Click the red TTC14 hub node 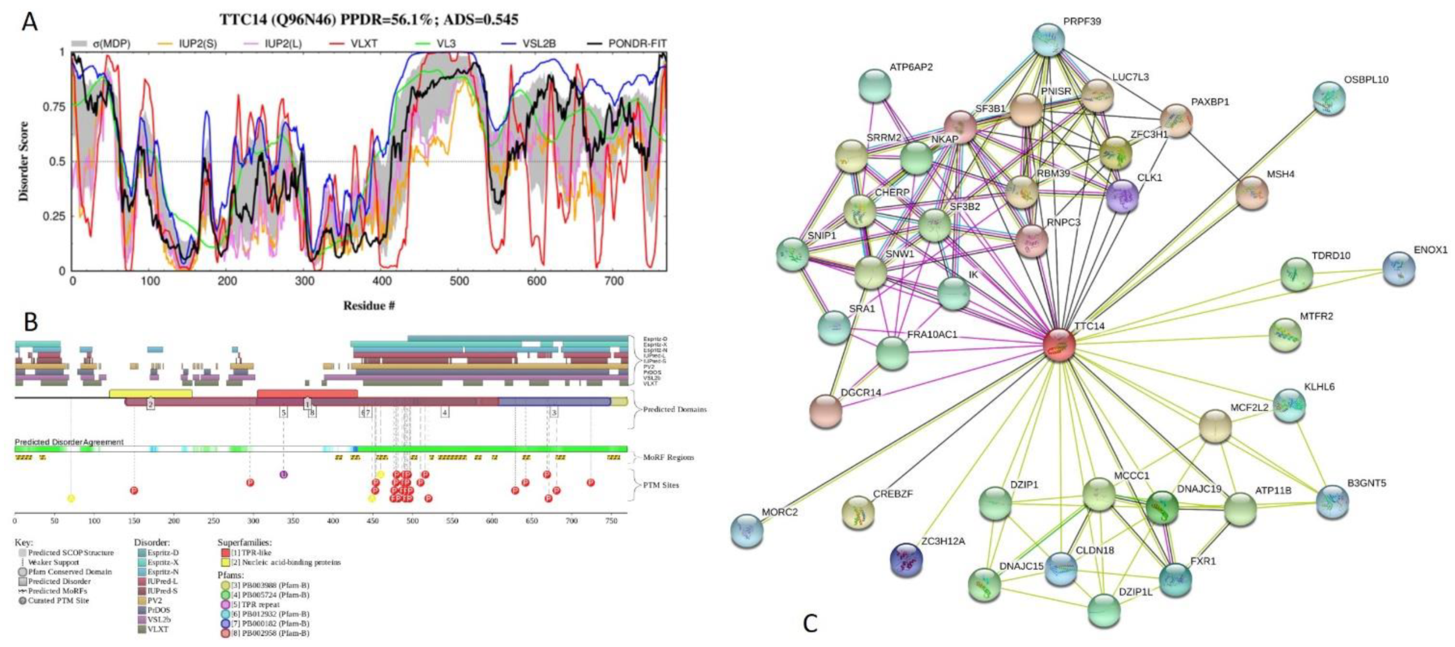tap(1058, 345)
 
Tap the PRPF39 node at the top tap(1048, 40)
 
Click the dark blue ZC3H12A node tap(906, 560)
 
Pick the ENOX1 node tap(1399, 268)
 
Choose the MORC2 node tap(747, 531)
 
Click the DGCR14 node tap(826, 411)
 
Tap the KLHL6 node tap(1289, 405)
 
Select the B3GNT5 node tap(1332, 502)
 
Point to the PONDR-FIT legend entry tap(628, 43)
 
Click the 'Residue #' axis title tap(369, 305)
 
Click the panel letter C tap(809, 624)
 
